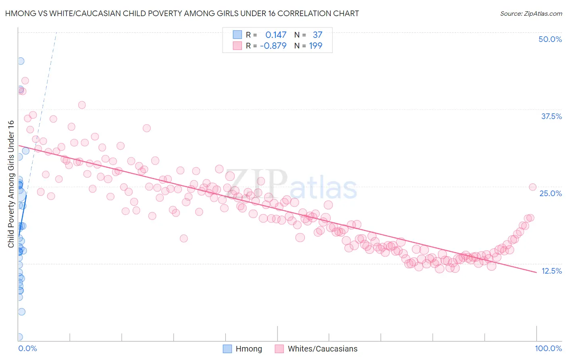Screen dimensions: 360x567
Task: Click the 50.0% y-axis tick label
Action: [x=550, y=39]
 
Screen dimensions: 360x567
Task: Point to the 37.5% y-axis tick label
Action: [x=551, y=116]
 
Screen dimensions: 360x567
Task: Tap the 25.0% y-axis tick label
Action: [x=550, y=193]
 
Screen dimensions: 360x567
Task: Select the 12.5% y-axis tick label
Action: [x=551, y=271]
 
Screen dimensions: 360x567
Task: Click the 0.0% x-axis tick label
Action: [x=27, y=348]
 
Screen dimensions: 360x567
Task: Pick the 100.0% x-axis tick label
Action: [x=548, y=348]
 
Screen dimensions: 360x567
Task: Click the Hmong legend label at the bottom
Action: [x=248, y=349]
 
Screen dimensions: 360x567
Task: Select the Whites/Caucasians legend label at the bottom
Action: [x=322, y=349]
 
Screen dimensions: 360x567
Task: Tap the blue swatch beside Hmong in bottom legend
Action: [x=227, y=349]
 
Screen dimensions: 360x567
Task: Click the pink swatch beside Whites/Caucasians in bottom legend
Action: [x=279, y=349]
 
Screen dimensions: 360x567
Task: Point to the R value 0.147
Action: [x=276, y=35]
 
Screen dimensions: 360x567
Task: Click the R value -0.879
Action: [x=273, y=46]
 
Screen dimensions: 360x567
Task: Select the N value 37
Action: [x=317, y=35]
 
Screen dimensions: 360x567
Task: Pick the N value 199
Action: [x=315, y=46]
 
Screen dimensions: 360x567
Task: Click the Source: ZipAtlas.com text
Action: [x=531, y=14]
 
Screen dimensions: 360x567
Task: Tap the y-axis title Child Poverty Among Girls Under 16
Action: [x=11, y=184]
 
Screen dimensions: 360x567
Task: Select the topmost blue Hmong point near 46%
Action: [x=20, y=61]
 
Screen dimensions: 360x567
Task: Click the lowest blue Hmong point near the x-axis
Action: [x=19, y=337]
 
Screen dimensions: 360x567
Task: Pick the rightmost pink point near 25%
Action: [x=532, y=187]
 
